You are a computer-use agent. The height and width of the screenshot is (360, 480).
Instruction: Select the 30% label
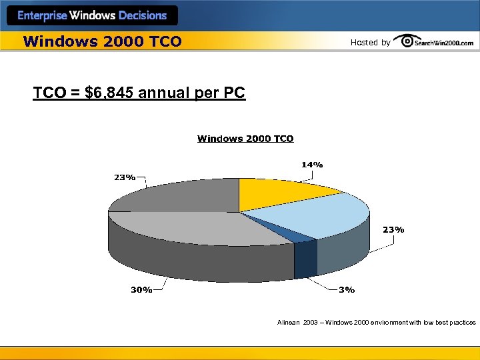click(x=141, y=290)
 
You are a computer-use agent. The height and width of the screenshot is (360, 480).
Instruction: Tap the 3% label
click(x=347, y=290)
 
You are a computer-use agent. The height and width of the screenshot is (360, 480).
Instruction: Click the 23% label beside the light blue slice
click(x=393, y=230)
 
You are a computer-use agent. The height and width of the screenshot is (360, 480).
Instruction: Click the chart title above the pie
click(x=245, y=139)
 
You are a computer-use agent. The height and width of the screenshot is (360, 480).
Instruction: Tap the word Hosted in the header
click(x=364, y=43)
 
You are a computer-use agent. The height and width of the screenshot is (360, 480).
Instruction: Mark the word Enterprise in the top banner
click(x=43, y=15)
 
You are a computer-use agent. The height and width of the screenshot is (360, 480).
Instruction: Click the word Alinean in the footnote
click(x=289, y=323)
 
